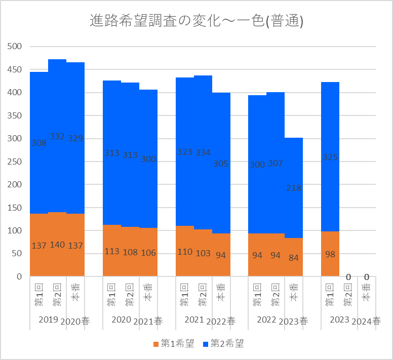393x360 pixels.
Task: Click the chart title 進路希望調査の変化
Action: [x=196, y=21]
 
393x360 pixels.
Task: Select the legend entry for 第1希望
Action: [x=173, y=344]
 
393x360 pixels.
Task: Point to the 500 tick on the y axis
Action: [x=15, y=47]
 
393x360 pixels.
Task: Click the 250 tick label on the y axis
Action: [x=15, y=162]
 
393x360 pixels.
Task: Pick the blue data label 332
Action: [x=57, y=136]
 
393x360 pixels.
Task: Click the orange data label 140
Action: [x=57, y=245]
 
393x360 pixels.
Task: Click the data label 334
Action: [x=203, y=152]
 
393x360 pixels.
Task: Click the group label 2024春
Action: [x=366, y=321]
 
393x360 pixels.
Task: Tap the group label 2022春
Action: [x=221, y=321]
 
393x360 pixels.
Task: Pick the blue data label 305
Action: [x=221, y=164]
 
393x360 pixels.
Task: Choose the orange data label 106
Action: [x=148, y=253]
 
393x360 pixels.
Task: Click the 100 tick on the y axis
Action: [x=15, y=231]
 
